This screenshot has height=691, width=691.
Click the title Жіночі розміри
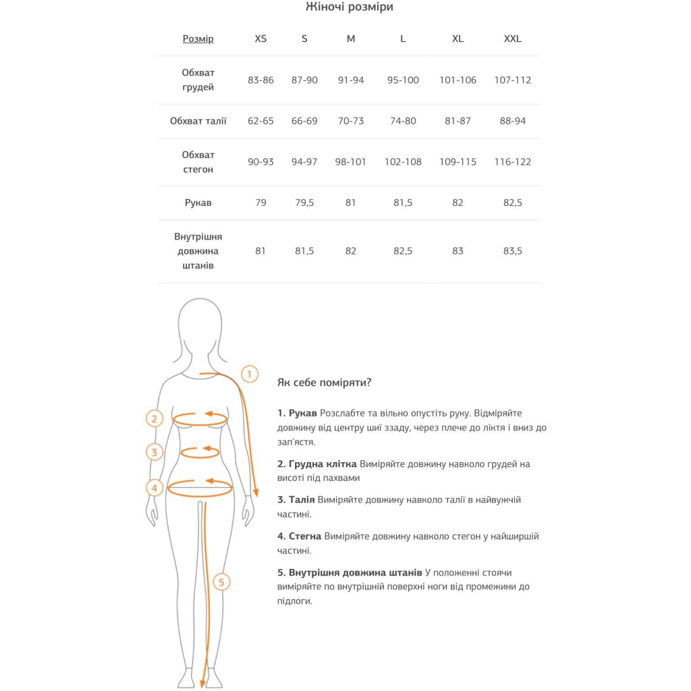pos(349,7)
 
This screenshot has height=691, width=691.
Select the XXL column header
pos(512,38)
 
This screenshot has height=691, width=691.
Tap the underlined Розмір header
pos(198,38)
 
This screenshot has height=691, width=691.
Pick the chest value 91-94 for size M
pos(350,80)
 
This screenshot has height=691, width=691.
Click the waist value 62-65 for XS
pos(260,121)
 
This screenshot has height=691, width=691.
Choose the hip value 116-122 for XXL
pos(512,162)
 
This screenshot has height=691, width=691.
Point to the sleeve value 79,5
pos(304,202)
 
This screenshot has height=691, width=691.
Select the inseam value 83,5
pos(512,251)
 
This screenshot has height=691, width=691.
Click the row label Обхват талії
pos(198,121)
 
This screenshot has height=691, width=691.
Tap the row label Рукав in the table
pos(198,202)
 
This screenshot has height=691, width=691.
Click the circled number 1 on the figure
pos(250,374)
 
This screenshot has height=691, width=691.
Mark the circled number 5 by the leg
pos(221,582)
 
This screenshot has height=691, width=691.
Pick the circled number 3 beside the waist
pos(155,451)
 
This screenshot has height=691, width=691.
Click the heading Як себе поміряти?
pos(324,383)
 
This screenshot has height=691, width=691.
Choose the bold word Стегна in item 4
pos(305,536)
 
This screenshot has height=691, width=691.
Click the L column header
pos(403,38)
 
